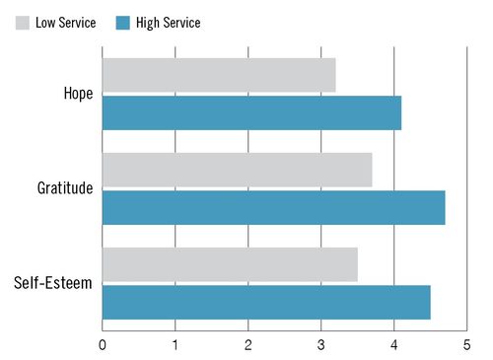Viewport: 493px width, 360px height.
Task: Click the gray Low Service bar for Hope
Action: (218, 75)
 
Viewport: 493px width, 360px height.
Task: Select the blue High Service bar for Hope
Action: (251, 112)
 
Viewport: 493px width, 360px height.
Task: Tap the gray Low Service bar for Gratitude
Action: (237, 170)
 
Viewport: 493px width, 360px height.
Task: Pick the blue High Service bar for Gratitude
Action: (273, 207)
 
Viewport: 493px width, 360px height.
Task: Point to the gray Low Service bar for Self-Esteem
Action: (230, 264)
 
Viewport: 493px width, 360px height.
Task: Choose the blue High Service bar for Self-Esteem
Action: (266, 302)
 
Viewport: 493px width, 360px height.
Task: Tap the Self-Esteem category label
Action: (53, 284)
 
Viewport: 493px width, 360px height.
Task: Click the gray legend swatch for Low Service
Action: (23, 23)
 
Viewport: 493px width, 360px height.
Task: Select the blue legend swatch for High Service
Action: (123, 23)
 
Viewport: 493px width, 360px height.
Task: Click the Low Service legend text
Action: (66, 23)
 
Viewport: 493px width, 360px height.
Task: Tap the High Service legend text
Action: (169, 23)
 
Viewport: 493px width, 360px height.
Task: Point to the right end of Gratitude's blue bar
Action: (444, 207)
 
